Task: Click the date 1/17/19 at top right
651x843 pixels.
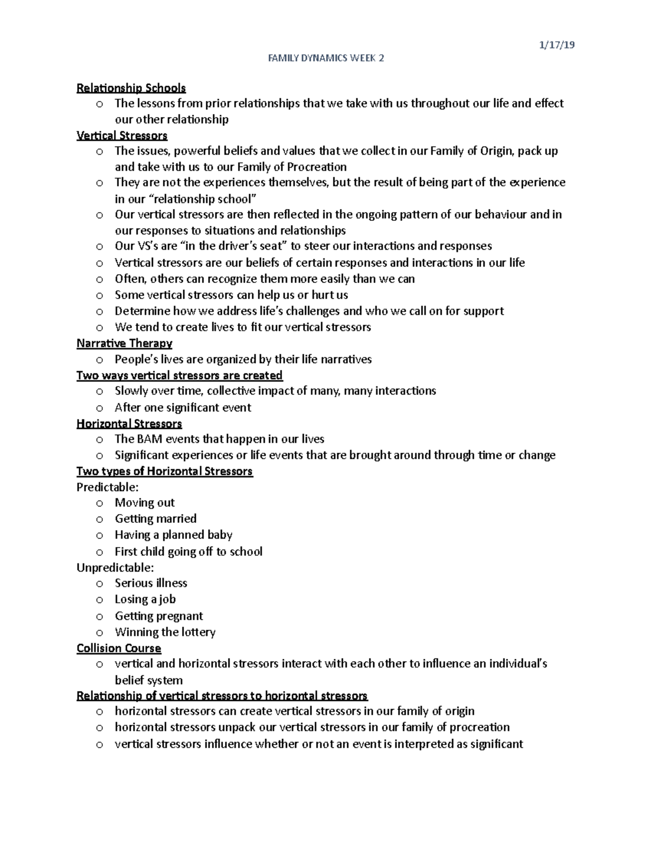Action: point(557,46)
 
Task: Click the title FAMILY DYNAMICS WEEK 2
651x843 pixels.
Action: point(326,59)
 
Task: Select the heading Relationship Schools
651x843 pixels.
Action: point(131,88)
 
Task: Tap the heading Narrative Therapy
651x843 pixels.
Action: point(124,343)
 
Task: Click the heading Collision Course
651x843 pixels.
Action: point(119,648)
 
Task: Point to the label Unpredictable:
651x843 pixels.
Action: point(115,567)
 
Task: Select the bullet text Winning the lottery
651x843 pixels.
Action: point(165,632)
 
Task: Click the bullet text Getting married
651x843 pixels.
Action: point(156,518)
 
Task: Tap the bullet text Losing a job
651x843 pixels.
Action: point(145,599)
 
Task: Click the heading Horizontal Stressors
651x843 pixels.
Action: point(129,423)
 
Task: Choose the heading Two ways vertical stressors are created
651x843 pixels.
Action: point(179,376)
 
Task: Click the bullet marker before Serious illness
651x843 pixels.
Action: point(99,584)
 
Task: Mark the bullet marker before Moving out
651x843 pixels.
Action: point(99,504)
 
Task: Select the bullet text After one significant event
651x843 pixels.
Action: point(183,407)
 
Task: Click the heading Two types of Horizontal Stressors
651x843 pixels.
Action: point(164,471)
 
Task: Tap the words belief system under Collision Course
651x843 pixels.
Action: point(148,680)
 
